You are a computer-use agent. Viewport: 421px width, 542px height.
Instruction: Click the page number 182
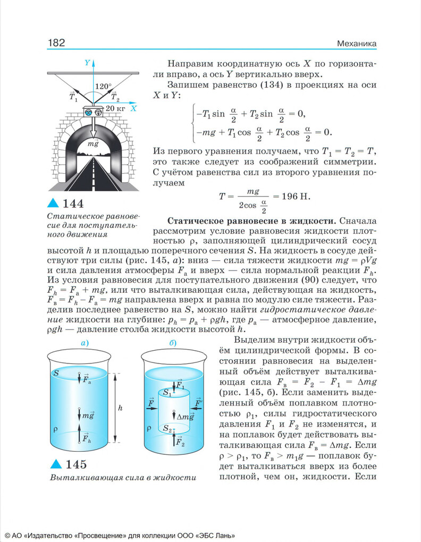56,43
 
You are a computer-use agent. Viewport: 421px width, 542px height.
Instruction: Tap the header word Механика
357,43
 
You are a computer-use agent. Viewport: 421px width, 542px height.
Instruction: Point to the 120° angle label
103,86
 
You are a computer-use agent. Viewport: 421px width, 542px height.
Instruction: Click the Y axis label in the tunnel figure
87,63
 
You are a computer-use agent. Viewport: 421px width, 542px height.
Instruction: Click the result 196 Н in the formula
295,196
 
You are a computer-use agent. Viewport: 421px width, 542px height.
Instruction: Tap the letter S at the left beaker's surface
56,374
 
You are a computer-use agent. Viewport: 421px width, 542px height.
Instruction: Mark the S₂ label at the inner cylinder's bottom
167,428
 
